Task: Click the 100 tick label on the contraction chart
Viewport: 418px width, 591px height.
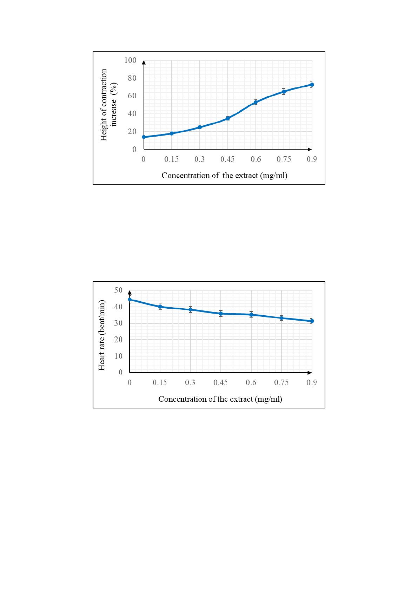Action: click(x=130, y=60)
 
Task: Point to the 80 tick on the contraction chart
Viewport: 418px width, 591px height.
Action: click(x=132, y=78)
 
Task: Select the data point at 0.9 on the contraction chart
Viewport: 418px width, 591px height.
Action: click(x=312, y=85)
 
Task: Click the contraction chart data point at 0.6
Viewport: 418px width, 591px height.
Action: click(x=256, y=102)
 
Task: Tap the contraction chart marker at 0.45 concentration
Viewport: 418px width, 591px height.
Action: click(x=228, y=118)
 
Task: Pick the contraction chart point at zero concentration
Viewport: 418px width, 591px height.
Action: click(x=144, y=137)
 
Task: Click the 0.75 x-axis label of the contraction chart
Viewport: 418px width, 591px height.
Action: click(x=284, y=159)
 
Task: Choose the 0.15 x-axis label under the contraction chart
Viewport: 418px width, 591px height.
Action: click(x=171, y=159)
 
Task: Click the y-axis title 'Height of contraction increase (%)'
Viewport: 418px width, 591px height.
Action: click(x=109, y=105)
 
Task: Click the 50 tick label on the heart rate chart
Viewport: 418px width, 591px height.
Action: click(x=118, y=290)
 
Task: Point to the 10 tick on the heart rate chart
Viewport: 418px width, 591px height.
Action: click(x=118, y=356)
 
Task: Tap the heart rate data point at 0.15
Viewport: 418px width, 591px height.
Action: click(x=160, y=307)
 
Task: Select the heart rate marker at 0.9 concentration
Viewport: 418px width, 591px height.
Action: click(x=312, y=321)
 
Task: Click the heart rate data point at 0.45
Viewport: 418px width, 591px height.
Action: click(x=221, y=314)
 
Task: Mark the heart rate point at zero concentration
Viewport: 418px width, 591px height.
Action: click(x=130, y=300)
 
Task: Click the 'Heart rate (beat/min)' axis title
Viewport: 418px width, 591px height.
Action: click(x=101, y=336)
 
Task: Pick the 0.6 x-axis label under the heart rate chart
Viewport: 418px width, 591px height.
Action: click(x=251, y=382)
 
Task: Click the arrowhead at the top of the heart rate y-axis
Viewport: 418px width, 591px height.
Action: click(x=130, y=292)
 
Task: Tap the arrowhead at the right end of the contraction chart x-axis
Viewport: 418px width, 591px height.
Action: click(x=310, y=149)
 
